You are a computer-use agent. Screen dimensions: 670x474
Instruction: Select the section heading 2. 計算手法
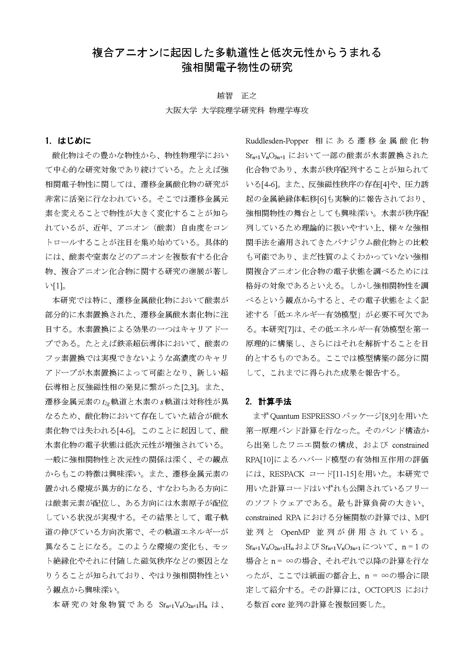(269, 402)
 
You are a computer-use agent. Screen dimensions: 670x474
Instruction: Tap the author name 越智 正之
(237, 95)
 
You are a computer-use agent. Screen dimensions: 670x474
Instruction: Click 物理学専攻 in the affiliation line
(289, 110)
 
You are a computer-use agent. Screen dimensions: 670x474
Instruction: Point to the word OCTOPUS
(383, 590)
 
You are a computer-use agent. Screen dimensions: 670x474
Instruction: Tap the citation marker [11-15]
(345, 474)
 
